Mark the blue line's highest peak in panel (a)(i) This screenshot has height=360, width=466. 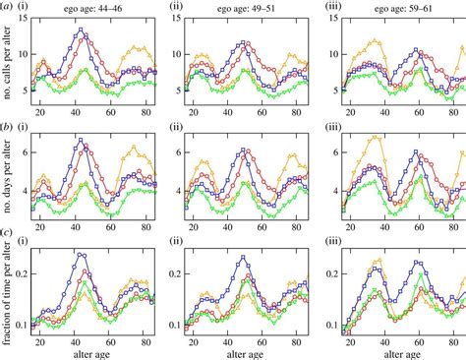81,29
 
